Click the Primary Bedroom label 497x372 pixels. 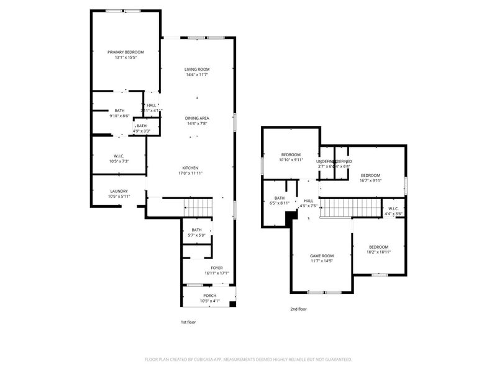pos(125,52)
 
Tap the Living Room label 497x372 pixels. pos(196,69)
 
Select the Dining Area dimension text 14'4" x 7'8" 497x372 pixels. pos(196,123)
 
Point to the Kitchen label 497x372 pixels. pos(190,168)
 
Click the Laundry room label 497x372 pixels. pos(119,191)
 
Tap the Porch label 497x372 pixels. pos(209,296)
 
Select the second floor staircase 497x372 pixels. pos(349,208)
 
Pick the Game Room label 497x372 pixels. pos(322,255)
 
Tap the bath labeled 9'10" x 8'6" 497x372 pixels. pos(119,110)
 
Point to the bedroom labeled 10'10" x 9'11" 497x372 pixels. pos(291,154)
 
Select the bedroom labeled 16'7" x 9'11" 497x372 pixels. pos(371,175)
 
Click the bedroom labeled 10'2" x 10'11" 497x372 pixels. pos(378,247)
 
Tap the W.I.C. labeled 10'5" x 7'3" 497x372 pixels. pos(119,156)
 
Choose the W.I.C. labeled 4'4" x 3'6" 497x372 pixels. pos(393,208)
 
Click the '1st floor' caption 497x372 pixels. pos(188,322)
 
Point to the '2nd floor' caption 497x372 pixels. pos(298,309)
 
